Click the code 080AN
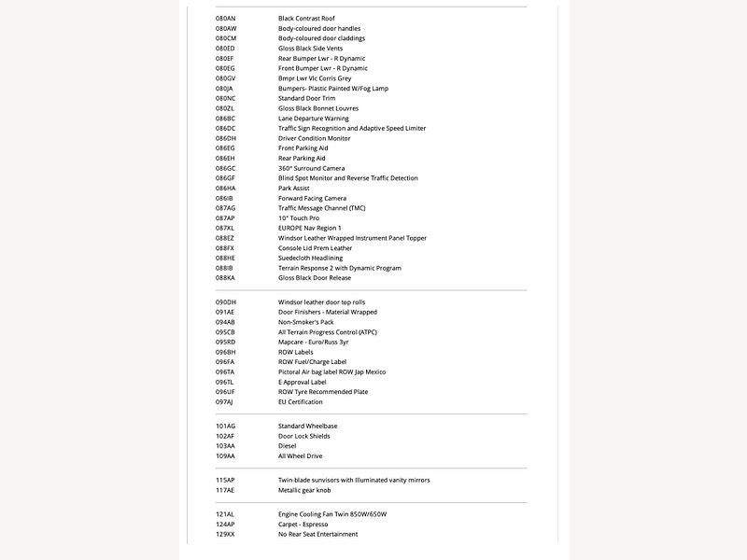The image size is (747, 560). (x=225, y=19)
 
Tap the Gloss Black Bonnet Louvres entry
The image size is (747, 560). (x=317, y=108)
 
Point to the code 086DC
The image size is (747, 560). (x=225, y=129)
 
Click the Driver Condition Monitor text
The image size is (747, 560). (x=314, y=138)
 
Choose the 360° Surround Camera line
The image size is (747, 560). (x=311, y=168)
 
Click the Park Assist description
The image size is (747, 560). (x=293, y=189)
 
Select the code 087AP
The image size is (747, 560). (x=225, y=218)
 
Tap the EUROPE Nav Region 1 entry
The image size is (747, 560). (x=309, y=228)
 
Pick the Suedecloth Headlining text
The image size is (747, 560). (x=310, y=258)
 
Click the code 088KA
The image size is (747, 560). (x=225, y=278)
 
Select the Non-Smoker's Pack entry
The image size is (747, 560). (x=307, y=322)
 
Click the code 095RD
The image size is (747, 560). (x=225, y=342)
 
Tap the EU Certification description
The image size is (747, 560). (x=300, y=402)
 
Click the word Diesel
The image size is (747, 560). (x=287, y=446)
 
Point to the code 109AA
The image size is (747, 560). (x=225, y=456)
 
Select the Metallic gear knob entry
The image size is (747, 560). (x=304, y=490)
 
